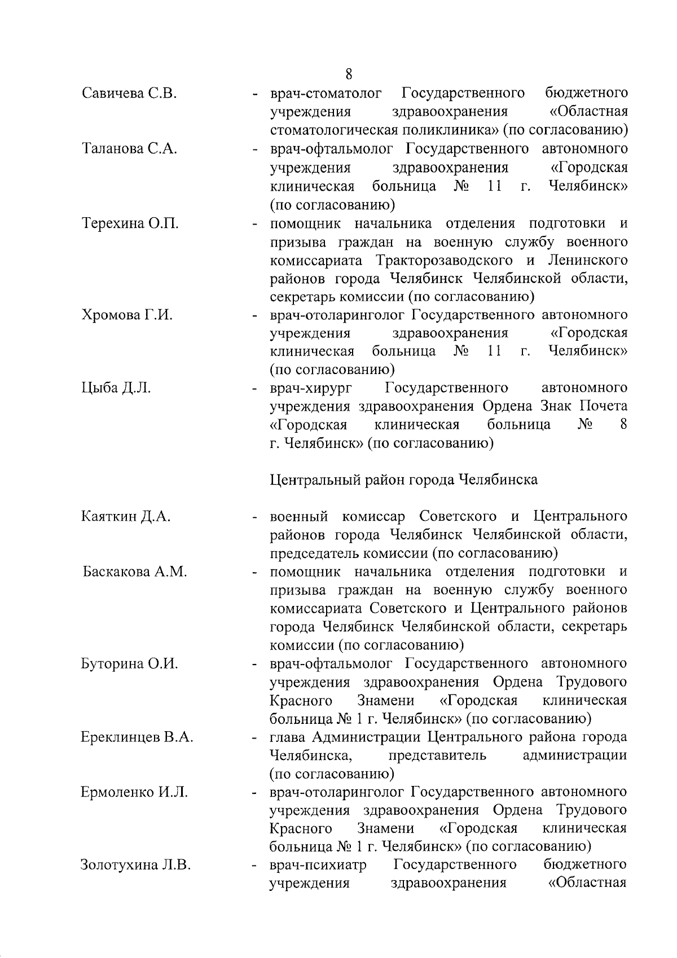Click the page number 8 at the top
349,74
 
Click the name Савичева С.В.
130,93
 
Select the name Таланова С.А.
130,149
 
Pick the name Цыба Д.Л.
116,388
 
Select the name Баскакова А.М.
134,572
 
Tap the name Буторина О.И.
130,664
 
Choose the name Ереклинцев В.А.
137,737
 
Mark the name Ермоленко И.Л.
135,793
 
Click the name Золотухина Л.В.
135,865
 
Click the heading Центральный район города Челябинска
403,480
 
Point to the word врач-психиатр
318,865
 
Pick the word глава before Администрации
288,737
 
